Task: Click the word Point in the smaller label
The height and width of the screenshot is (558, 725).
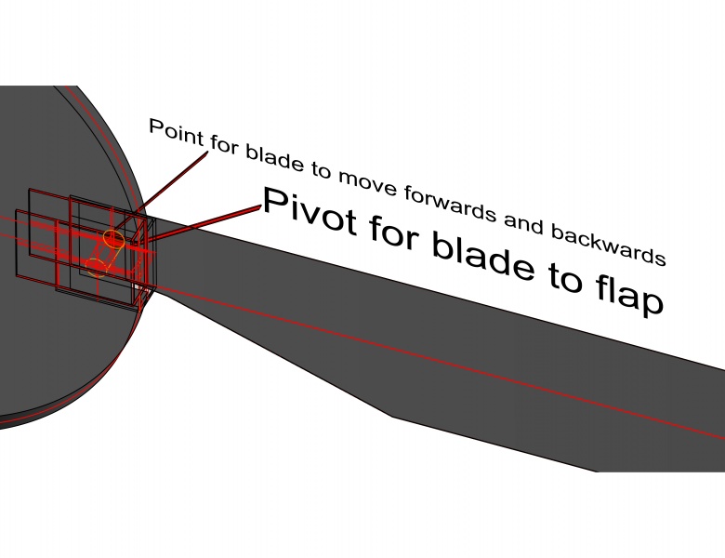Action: pos(177,133)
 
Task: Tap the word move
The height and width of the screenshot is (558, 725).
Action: pos(368,185)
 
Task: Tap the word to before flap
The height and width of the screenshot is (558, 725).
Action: pos(565,277)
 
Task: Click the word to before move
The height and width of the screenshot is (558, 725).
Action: pos(321,171)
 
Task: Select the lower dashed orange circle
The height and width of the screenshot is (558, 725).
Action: pos(97,268)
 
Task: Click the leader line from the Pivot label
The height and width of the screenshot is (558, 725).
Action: pos(204,224)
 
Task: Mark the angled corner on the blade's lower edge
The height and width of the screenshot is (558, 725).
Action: pos(392,417)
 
